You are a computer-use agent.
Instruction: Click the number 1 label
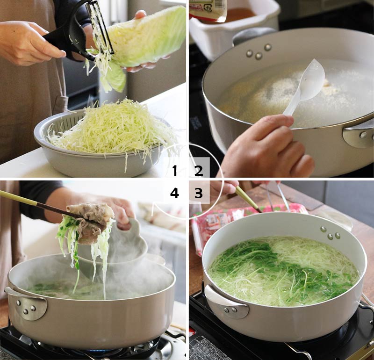[174, 171]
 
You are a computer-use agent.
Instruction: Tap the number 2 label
[199, 171]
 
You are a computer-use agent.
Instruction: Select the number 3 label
[199, 193]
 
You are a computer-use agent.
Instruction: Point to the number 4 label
[174, 193]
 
